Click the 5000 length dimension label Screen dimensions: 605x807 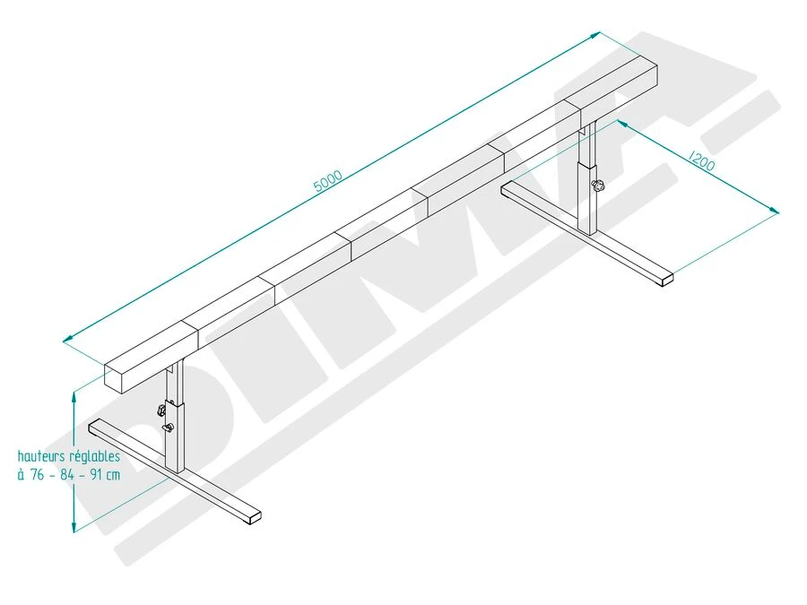(328, 181)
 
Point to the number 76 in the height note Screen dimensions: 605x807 (37, 475)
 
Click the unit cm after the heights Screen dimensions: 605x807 (112, 475)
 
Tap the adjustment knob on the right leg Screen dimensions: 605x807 (598, 186)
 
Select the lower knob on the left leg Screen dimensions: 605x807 (167, 428)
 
